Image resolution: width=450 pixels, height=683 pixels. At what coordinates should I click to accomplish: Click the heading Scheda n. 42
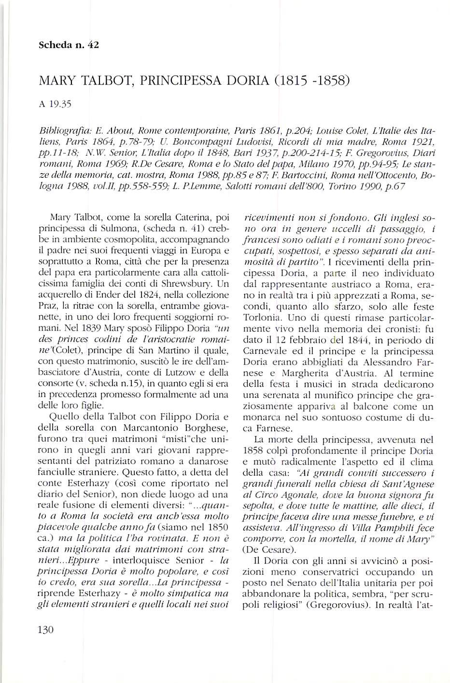(68, 46)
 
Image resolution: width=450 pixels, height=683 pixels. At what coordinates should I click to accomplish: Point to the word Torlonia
(261, 318)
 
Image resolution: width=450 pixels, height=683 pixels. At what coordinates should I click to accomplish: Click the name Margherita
(298, 373)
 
